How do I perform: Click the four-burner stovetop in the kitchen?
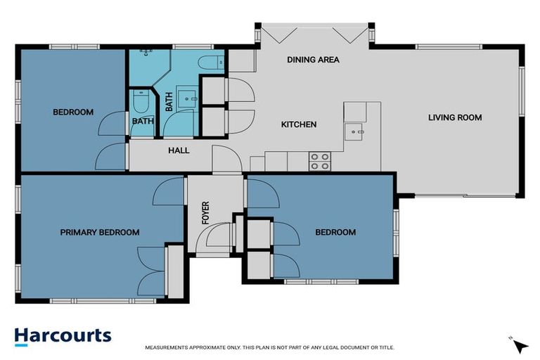(x=320, y=162)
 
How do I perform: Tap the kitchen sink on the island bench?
(x=354, y=129)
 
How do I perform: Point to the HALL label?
(x=179, y=150)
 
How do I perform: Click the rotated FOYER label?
(x=206, y=212)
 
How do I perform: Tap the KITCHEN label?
(x=299, y=124)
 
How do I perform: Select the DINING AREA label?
(x=313, y=60)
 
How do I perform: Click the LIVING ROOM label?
(x=455, y=117)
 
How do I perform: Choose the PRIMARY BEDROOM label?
(x=99, y=233)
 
